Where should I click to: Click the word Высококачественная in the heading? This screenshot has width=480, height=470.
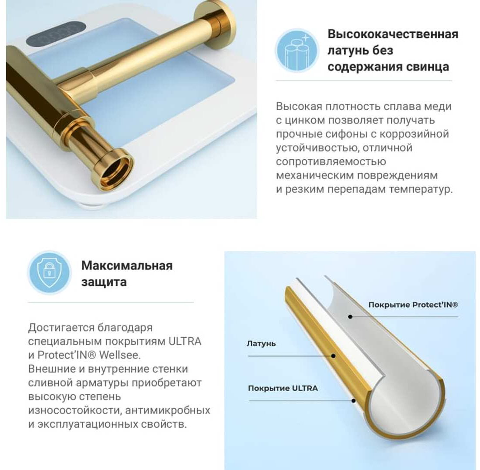[393, 34]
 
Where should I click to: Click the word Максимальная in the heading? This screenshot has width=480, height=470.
[127, 265]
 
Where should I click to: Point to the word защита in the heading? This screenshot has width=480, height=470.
[104, 282]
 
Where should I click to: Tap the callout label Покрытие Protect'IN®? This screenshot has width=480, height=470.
[413, 305]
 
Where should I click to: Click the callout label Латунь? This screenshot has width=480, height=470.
[261, 344]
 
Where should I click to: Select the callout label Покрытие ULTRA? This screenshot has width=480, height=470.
[283, 389]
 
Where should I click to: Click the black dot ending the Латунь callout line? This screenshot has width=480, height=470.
[333, 356]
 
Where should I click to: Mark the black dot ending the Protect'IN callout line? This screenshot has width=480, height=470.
[350, 317]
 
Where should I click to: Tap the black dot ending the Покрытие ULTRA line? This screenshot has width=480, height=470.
[353, 400]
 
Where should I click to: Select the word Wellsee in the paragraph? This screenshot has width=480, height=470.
[120, 355]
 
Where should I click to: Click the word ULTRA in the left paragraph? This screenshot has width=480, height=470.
[185, 341]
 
